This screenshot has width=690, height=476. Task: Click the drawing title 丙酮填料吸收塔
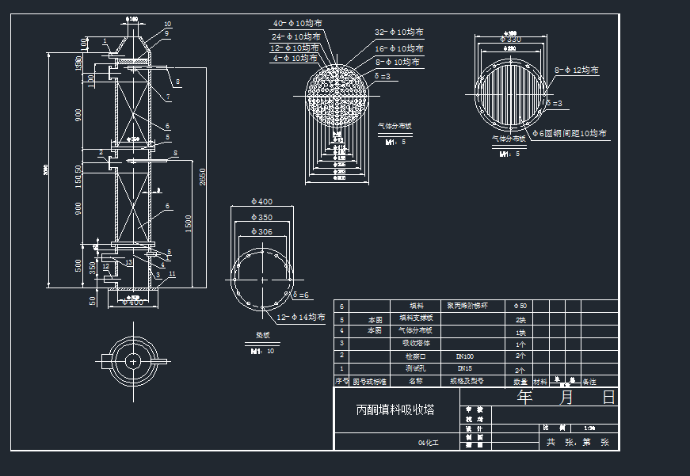point(395,410)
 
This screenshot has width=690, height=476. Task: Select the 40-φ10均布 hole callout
point(297,24)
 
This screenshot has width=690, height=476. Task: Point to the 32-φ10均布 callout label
point(398,32)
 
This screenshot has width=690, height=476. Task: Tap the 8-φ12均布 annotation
point(576,70)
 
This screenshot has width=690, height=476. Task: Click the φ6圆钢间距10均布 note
point(568,134)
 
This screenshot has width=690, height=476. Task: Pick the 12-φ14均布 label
point(300,318)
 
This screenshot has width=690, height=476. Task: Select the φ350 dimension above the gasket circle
point(261,217)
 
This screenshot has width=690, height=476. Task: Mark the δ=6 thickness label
point(301,295)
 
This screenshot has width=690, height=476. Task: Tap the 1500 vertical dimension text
point(188,223)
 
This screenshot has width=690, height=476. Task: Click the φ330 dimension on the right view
point(513,40)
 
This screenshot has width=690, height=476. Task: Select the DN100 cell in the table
point(465,357)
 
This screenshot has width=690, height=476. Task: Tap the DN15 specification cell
point(465,369)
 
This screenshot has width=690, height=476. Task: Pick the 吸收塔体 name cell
point(416,345)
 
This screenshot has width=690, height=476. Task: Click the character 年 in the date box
point(524,398)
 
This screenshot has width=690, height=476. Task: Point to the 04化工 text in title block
point(427,444)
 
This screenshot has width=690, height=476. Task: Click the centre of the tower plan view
point(132,361)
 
